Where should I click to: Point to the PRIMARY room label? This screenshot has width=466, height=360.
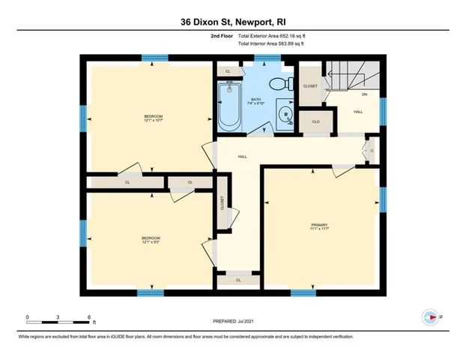[x=320, y=224]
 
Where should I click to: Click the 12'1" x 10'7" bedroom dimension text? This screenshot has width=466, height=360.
[x=153, y=121]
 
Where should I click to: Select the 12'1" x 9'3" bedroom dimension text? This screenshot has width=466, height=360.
[x=151, y=241]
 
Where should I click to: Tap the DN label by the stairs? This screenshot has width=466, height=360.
[x=364, y=94]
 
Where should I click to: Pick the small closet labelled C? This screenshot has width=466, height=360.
[x=371, y=151]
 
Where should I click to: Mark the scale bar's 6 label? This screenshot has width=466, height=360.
[x=88, y=317]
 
